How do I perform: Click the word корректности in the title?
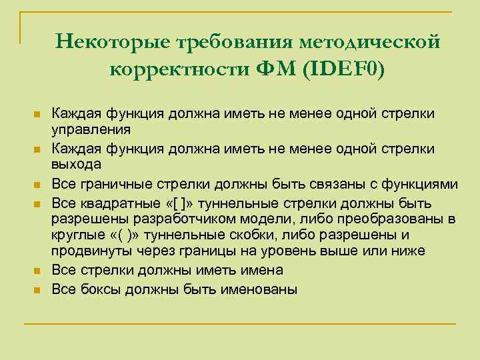tap(178, 69)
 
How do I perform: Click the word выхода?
tap(77, 164)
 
